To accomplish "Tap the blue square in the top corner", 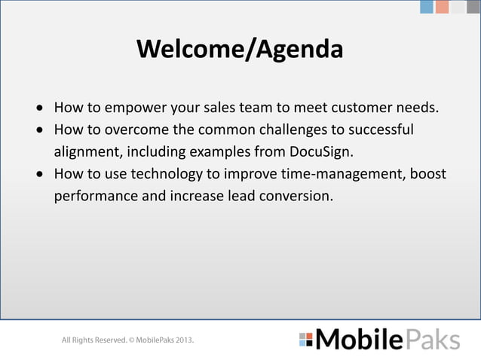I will click(427, 7).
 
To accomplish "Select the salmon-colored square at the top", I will click(442, 7).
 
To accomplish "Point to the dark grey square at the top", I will click(473, 7).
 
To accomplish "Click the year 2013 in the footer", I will click(183, 340).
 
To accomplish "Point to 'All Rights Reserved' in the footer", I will click(93, 340).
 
